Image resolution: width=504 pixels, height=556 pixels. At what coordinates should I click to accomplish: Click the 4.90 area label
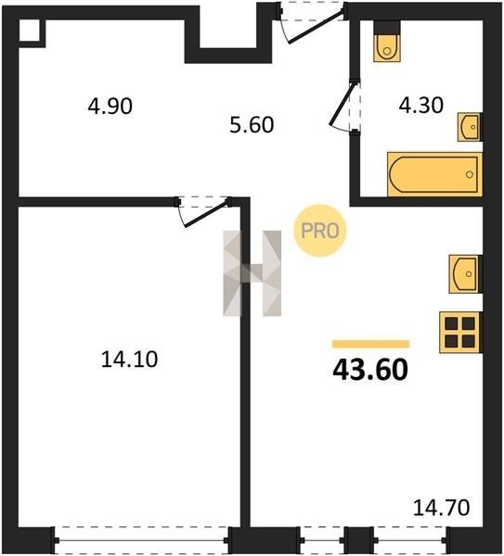click(110, 106)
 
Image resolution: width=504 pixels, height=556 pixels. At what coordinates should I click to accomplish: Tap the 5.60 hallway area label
click(252, 125)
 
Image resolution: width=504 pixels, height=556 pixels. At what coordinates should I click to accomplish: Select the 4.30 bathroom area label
click(420, 106)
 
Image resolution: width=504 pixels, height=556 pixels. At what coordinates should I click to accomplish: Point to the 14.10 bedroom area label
click(129, 359)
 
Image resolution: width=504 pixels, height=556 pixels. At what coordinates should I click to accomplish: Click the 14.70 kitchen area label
click(442, 508)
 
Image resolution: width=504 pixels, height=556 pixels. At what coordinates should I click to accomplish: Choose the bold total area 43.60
click(370, 370)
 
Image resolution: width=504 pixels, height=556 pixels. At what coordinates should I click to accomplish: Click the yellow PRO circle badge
click(320, 231)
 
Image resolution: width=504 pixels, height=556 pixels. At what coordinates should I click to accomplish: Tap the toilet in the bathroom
click(387, 42)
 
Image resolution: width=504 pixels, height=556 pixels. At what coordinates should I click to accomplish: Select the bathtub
click(434, 174)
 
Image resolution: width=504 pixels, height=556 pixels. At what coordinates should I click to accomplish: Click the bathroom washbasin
click(470, 127)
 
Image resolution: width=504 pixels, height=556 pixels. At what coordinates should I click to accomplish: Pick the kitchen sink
click(465, 273)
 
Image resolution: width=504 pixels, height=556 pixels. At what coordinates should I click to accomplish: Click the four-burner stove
click(460, 333)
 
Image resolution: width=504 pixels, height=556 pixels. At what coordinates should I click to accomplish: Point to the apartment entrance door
click(312, 22)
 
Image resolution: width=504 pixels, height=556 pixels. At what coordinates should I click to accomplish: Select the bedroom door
click(204, 211)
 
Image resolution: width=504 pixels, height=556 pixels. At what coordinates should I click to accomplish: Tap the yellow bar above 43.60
click(371, 344)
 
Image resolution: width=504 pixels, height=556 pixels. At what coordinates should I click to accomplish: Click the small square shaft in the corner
click(29, 31)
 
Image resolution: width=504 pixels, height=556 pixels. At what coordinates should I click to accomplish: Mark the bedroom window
click(141, 540)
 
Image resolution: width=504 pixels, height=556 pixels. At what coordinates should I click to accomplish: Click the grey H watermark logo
click(252, 273)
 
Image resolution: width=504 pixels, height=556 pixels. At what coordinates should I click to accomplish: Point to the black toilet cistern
click(387, 27)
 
